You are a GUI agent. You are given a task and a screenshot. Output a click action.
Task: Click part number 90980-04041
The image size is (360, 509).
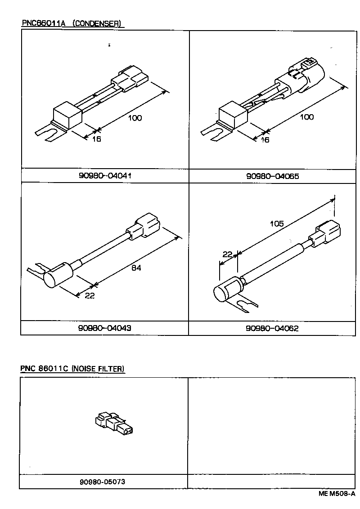tap(105, 175)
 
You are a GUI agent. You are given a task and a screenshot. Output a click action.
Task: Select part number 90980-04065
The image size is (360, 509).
tap(273, 176)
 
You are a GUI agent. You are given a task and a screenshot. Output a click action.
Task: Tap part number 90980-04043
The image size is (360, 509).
tap(105, 328)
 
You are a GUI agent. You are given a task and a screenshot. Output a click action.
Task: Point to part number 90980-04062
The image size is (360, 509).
tap(272, 328)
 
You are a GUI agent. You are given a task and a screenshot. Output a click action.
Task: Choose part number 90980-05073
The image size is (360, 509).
tap(102, 482)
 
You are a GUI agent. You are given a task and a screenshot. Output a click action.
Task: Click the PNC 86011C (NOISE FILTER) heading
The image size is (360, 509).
tap(72, 369)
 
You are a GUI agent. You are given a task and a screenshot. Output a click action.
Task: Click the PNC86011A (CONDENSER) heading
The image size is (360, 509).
tap(72, 23)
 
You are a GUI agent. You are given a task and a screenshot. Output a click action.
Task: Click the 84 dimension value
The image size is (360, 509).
tap(136, 268)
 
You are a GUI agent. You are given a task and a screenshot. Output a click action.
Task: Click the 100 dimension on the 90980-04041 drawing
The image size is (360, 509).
tap(135, 118)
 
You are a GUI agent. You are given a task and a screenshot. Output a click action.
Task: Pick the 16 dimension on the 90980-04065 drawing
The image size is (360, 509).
tap(265, 140)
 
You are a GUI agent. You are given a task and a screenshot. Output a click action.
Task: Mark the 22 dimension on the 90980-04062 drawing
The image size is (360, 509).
tap(227, 254)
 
